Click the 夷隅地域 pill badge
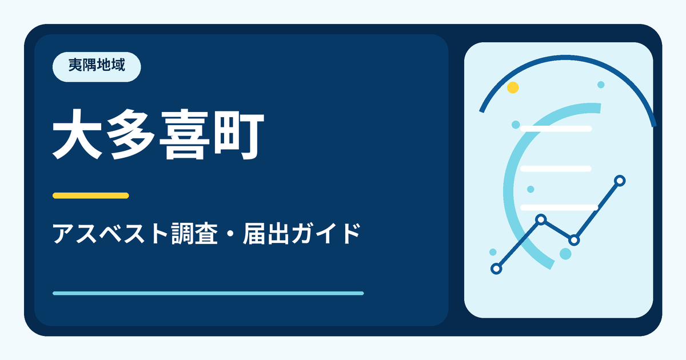97,67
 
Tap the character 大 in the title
78,134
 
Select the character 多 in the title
131,134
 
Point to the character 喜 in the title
184,134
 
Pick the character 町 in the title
238,134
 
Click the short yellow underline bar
91,195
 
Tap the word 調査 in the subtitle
194,234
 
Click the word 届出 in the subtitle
266,234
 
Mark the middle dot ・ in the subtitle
230,234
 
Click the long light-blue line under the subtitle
208,293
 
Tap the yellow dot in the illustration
513,87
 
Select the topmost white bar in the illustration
556,129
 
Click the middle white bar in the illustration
556,169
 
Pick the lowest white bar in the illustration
559,207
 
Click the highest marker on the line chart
620,181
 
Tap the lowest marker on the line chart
496,269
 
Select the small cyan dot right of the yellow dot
601,85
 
